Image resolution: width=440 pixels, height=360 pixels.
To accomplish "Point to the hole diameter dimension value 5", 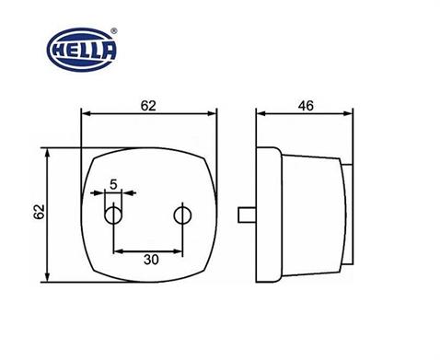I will click(113, 183).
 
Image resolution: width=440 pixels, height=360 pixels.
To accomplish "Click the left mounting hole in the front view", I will click(113, 215).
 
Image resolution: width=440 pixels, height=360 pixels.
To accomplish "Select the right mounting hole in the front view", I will click(181, 215).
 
